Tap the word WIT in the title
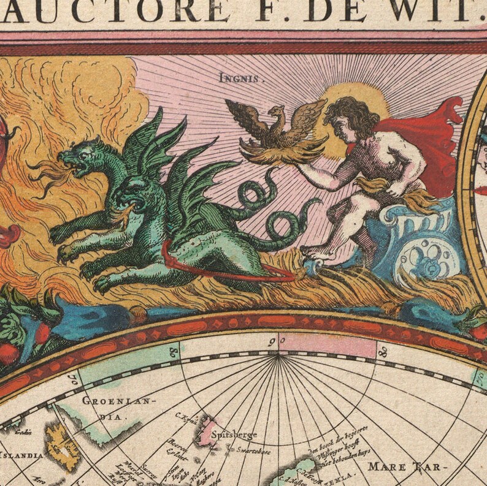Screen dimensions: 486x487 point(438,10)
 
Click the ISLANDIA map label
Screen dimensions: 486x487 point(21,455)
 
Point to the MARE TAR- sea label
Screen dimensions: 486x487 point(404,467)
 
